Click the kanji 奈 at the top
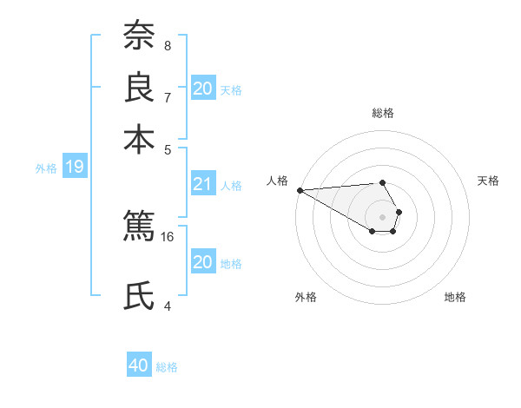[139, 36]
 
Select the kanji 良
[139, 89]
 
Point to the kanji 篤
[139, 226]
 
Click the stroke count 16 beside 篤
[168, 236]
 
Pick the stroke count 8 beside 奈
[168, 46]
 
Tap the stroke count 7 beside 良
[168, 97]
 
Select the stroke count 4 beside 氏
[168, 306]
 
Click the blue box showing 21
[202, 184]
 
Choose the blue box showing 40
[139, 365]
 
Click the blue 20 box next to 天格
[202, 89]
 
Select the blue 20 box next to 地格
[202, 262]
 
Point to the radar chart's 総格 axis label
[383, 113]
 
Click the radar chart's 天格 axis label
[489, 181]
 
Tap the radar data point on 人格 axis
[299, 189]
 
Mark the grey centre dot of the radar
[382, 216]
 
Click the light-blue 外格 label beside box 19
[46, 168]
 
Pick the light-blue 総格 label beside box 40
[167, 366]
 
